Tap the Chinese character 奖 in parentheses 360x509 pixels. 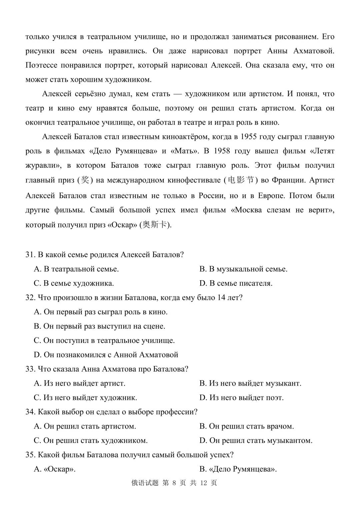click(85, 180)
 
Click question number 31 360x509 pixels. click(30, 255)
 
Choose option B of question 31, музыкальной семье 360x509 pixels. click(243, 269)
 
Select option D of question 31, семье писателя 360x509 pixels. click(236, 284)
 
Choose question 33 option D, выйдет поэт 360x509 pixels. click(241, 398)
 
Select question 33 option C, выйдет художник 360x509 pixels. click(85, 398)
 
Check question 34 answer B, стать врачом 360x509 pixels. click(247, 426)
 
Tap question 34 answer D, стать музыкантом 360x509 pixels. click(256, 441)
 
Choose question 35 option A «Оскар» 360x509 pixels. click(55, 469)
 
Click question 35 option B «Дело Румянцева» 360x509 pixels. click(238, 469)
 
